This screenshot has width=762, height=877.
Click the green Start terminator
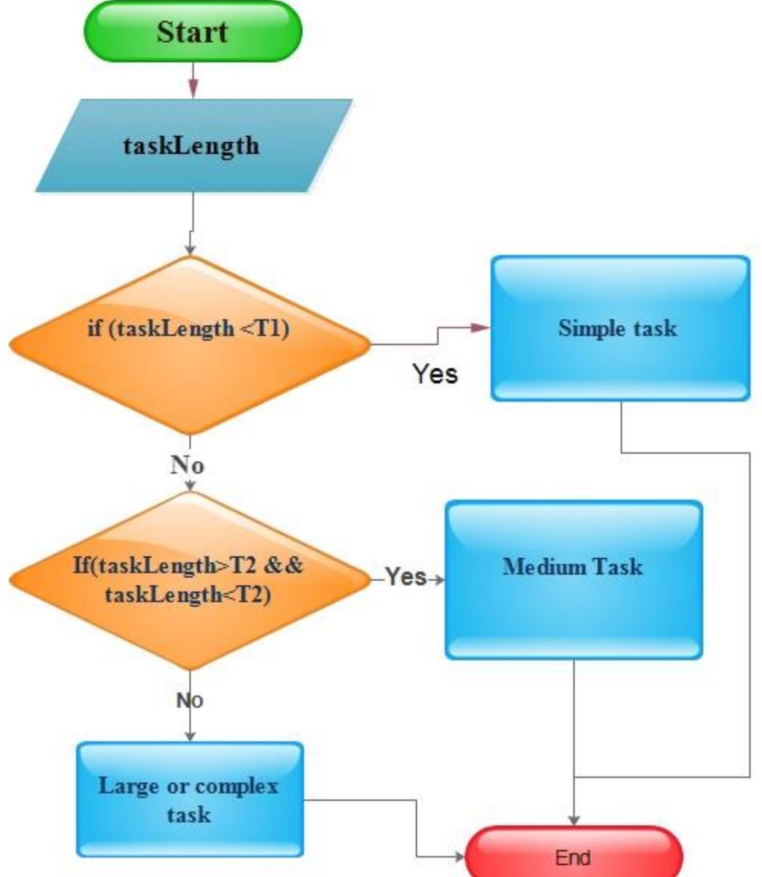pos(193,32)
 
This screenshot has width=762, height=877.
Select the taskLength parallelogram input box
pos(193,146)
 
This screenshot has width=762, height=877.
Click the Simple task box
pos(620,329)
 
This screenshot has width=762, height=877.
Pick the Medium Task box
pos(574,580)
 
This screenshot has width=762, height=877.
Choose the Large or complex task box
pos(190,800)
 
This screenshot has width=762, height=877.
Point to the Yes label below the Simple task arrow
pos(435,374)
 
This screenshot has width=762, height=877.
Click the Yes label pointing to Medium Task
pos(405,576)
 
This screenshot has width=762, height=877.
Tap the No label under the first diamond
pos(187,464)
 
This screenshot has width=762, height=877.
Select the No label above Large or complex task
pos(190,701)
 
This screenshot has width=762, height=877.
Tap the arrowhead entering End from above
pos(574,820)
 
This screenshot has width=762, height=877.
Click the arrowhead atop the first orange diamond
pos(190,249)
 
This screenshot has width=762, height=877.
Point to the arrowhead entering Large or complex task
pos(190,736)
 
